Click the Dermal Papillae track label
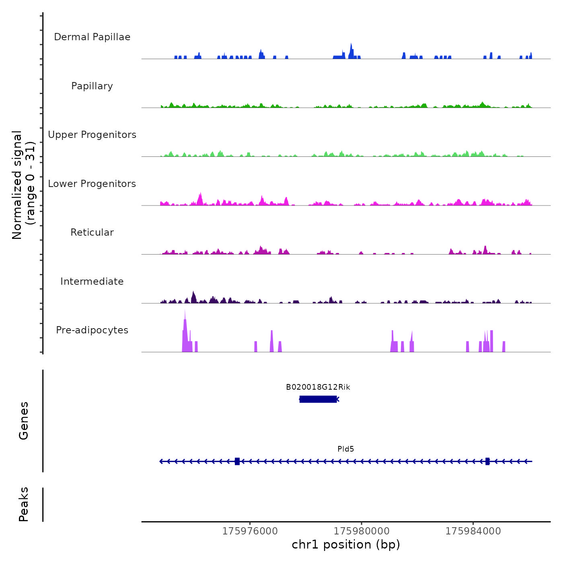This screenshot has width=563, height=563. tap(92, 37)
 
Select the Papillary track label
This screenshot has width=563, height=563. tap(92, 86)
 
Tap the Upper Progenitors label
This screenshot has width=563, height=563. tap(92, 135)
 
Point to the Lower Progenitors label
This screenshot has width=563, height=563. tap(92, 184)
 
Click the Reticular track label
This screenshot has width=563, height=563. tap(92, 232)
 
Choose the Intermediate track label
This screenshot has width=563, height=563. tap(92, 281)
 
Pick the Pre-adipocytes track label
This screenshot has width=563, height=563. tap(92, 330)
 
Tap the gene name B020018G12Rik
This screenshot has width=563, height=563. tap(318, 387)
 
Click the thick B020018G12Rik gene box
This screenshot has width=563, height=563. tap(318, 399)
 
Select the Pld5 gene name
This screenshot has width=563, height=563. tap(346, 449)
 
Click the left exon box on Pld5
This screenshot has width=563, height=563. tap(237, 461)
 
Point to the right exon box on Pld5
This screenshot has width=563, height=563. tap(487, 461)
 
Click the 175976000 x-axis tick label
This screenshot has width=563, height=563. tap(250, 531)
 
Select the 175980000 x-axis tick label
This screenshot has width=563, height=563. tap(362, 531)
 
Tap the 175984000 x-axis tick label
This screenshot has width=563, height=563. tap(473, 531)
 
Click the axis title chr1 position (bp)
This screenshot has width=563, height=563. tap(346, 545)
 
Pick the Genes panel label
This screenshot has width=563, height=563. tap(24, 421)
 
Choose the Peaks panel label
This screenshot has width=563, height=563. tap(24, 504)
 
